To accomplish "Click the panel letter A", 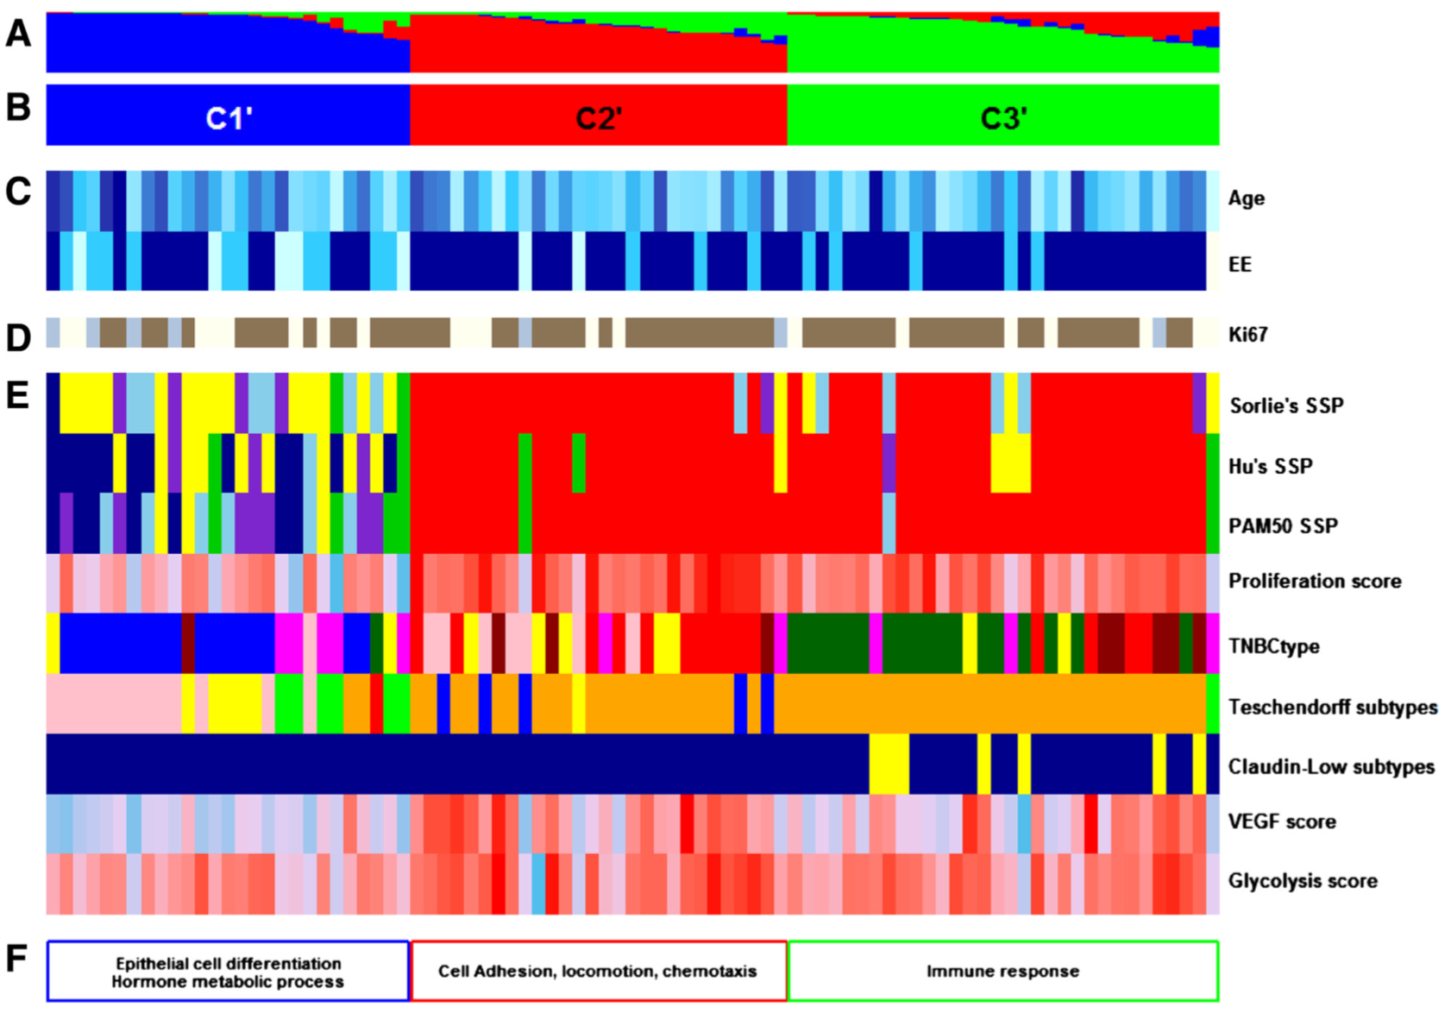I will coord(18,35).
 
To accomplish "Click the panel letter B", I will coord(18,108).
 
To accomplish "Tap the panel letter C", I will coord(18,192).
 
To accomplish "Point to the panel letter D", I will coord(18,337).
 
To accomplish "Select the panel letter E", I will coord(18,395).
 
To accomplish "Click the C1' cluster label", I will coord(228,117).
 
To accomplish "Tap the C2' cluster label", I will coord(599,117).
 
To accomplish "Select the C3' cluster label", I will coord(1003,117).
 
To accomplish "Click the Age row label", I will coord(1246,198).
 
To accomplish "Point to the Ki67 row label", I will coord(1247,335).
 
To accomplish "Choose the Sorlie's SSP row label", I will coord(1285,406).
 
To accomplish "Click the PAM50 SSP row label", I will coord(1283,526).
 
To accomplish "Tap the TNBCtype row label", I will coord(1273,646).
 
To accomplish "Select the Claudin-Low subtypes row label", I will coord(1331,767).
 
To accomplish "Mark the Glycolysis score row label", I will coord(1303,881).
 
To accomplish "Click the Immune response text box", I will coord(1002,972).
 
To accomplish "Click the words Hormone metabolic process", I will coord(228,982).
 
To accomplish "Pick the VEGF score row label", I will coord(1282,821).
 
